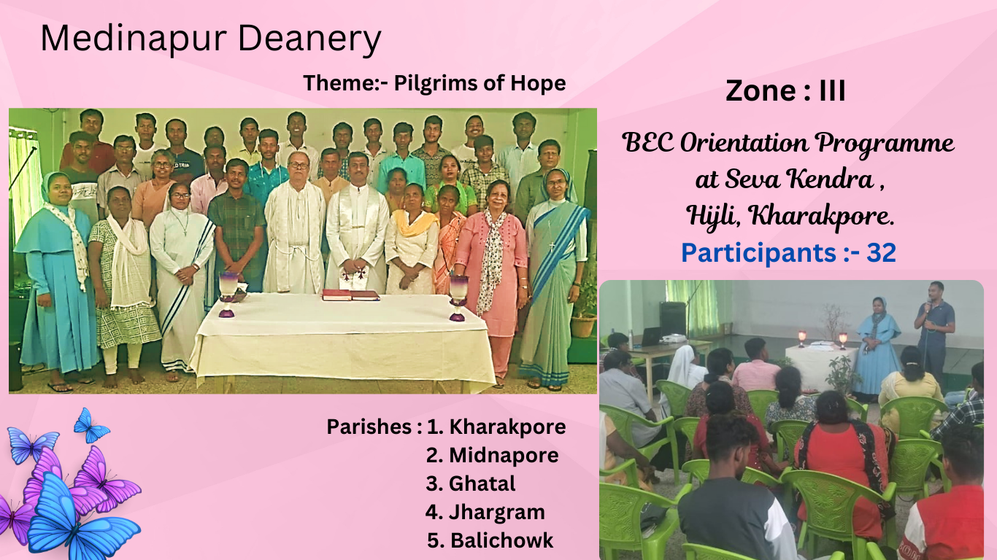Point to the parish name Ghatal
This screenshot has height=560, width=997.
[x=482, y=483]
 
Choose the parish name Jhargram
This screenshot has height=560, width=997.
[x=497, y=513]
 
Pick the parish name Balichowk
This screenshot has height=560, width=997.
[x=501, y=541]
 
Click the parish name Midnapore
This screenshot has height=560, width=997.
[x=504, y=455]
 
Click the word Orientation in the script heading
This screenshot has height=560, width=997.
[x=745, y=143]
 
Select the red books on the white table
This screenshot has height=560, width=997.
[x=351, y=295]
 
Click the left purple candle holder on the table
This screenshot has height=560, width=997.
[x=228, y=295]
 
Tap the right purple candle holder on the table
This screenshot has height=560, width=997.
[x=458, y=297]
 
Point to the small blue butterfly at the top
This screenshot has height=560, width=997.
[x=91, y=426]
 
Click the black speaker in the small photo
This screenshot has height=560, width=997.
[x=672, y=319]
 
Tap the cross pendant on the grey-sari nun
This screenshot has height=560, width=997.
[x=552, y=245]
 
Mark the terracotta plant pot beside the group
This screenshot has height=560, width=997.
[x=583, y=325]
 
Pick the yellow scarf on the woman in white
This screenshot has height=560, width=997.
[x=414, y=223]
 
